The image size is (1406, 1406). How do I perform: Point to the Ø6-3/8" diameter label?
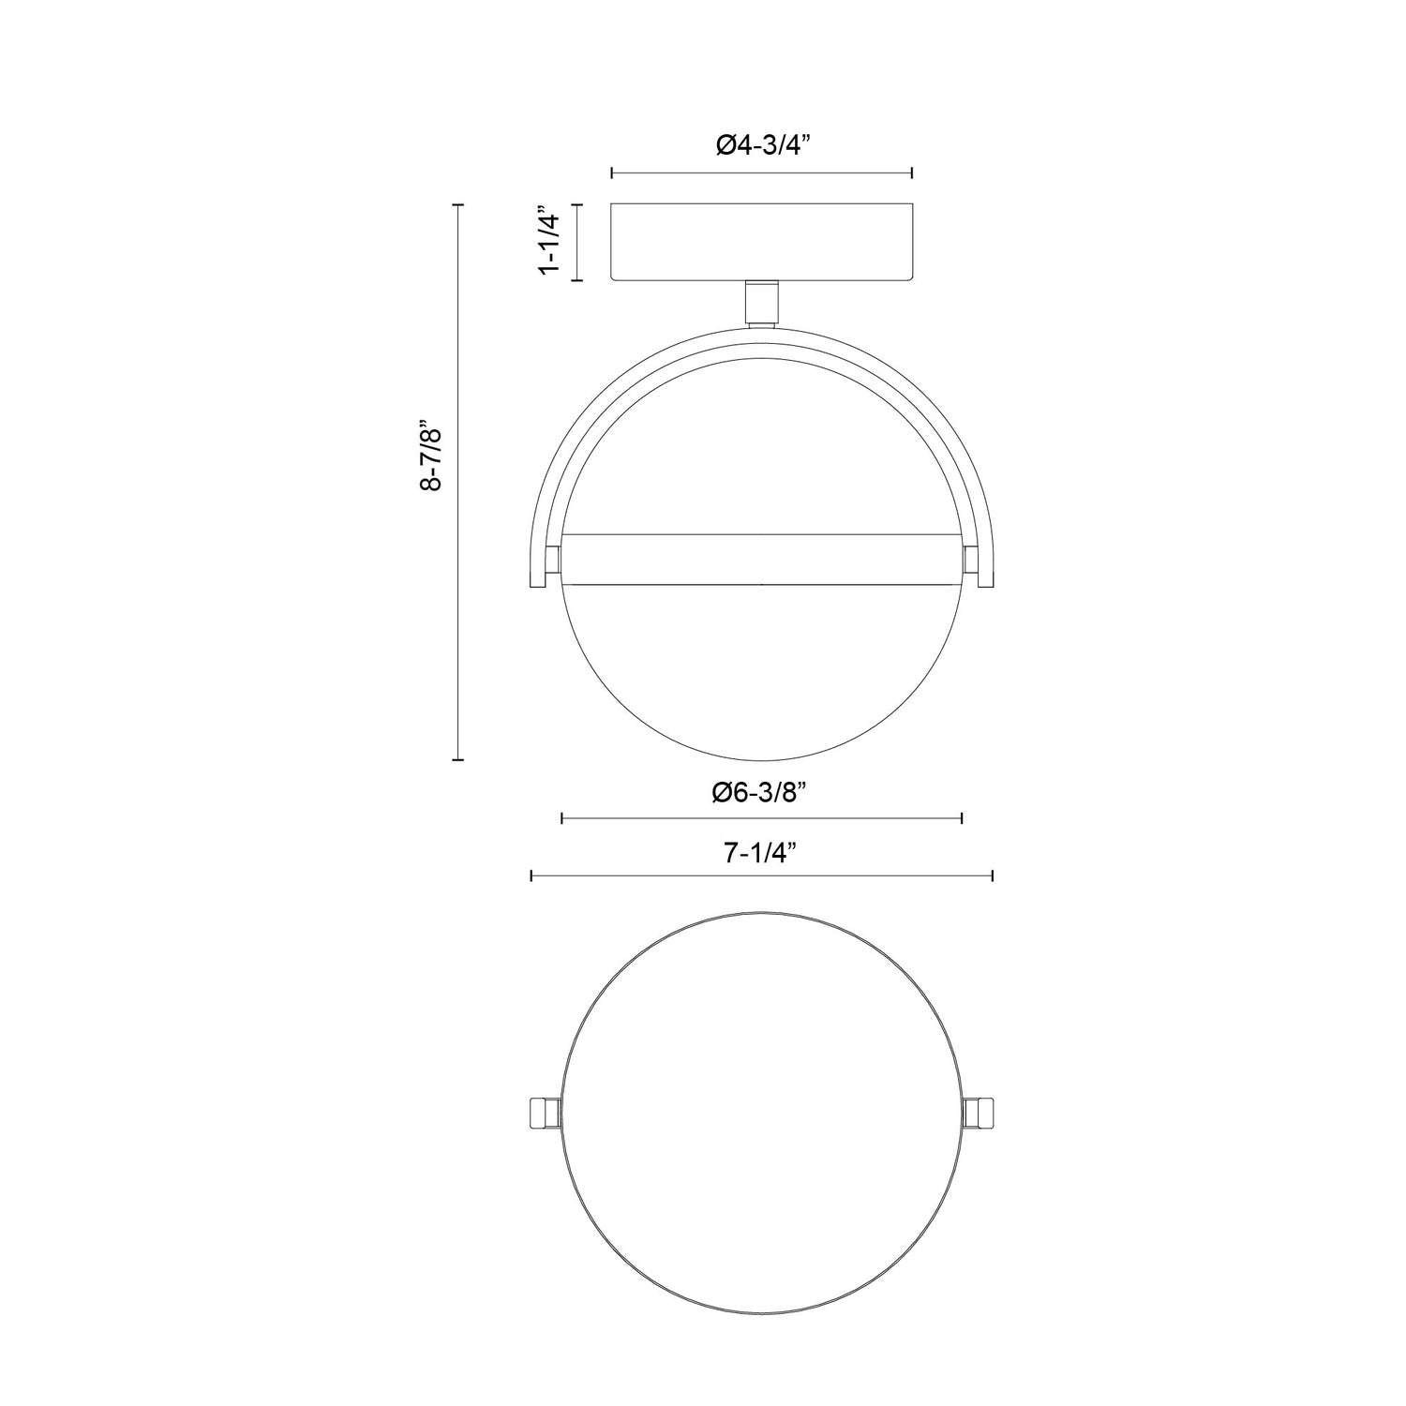point(760,792)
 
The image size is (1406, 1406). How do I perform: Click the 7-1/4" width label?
point(760,852)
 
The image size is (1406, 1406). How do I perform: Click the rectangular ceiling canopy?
point(761,242)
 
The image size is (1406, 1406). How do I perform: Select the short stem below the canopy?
point(761,303)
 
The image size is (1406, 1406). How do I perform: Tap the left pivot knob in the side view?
point(553,560)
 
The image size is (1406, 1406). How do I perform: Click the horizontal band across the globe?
point(761,560)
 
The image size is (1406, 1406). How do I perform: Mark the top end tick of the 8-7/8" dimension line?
point(458,204)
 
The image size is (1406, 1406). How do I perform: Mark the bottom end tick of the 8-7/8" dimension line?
point(458,759)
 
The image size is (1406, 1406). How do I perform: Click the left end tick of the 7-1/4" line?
point(531,875)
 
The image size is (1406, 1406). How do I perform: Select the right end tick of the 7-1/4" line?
point(992,875)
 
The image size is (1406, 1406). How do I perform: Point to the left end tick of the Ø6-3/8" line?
point(561,818)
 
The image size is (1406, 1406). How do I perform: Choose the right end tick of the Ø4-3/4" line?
point(912,172)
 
